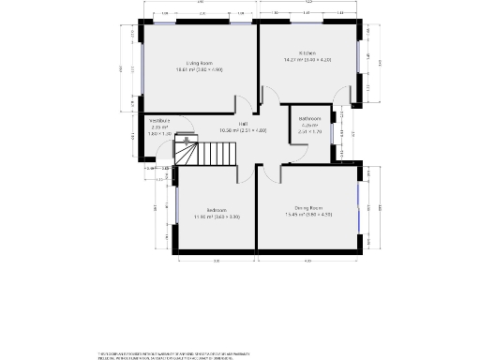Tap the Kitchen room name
(x=308, y=52)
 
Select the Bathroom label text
(x=310, y=119)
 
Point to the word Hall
(x=243, y=124)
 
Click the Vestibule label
(x=159, y=120)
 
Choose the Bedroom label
(x=217, y=209)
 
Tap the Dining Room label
(x=308, y=207)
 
